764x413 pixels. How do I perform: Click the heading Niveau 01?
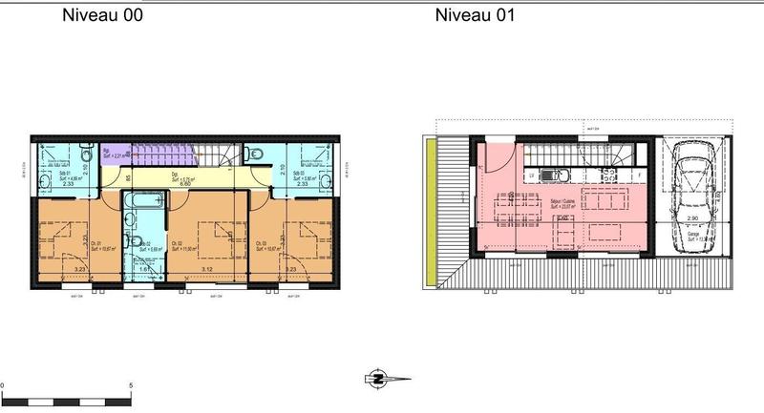point(475,15)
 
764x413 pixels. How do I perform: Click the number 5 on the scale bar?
point(130,384)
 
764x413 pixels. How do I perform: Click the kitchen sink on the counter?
point(552,176)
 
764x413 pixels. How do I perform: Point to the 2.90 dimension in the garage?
point(692,218)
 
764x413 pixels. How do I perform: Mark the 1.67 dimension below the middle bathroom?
point(144,270)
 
